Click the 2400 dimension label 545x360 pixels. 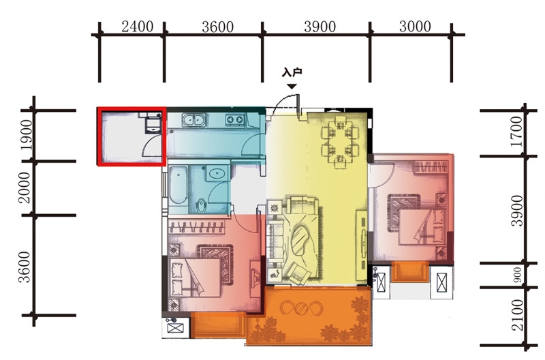pyautogui.click(x=138, y=27)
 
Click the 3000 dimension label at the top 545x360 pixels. pyautogui.click(x=415, y=27)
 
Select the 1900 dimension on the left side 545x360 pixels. pyautogui.click(x=27, y=135)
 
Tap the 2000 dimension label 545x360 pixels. pyautogui.click(x=25, y=187)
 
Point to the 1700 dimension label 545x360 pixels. pyautogui.click(x=517, y=132)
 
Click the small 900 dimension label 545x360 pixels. pyautogui.click(x=518, y=275)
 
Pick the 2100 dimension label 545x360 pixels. pyautogui.click(x=517, y=315)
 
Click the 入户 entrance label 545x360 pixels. pyautogui.click(x=292, y=72)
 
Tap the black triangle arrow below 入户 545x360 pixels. pyautogui.click(x=292, y=87)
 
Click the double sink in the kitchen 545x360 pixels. pyautogui.click(x=193, y=120)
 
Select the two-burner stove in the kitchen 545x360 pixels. pyautogui.click(x=235, y=120)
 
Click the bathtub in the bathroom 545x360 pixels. pyautogui.click(x=177, y=186)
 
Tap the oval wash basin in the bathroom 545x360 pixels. pyautogui.click(x=217, y=173)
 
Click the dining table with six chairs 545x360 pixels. pyautogui.click(x=339, y=141)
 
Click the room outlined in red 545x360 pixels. pyautogui.click(x=131, y=136)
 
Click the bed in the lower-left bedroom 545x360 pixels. pyautogui.click(x=194, y=277)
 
